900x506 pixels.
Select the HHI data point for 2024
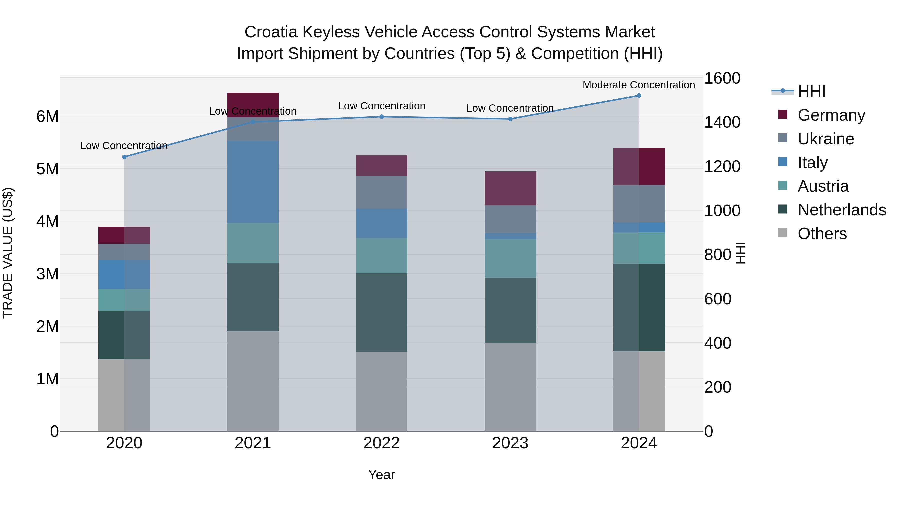point(639,96)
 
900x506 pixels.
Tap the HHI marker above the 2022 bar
point(381,117)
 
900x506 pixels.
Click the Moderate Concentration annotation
point(639,85)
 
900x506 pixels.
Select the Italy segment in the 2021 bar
point(253,182)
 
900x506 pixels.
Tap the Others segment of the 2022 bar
point(381,391)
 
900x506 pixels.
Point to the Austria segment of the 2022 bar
point(381,256)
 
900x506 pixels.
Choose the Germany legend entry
point(831,115)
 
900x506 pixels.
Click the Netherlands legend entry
point(842,210)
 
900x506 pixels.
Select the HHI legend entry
point(811,91)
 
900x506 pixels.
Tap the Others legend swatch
point(783,233)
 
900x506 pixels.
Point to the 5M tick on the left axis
point(48,169)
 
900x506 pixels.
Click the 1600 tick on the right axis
point(722,78)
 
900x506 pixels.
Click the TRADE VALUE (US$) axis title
point(8,253)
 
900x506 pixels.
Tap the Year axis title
point(381,475)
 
